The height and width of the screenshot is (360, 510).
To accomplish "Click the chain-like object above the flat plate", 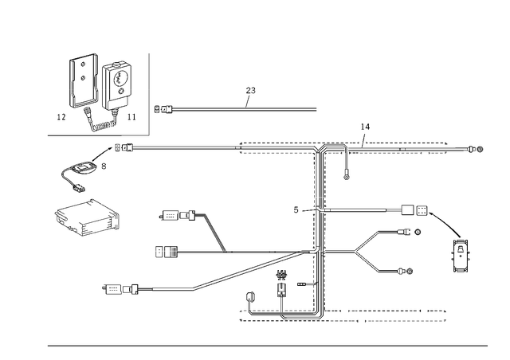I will click(84, 168).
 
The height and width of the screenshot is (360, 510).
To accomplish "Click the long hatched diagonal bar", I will click(247, 271).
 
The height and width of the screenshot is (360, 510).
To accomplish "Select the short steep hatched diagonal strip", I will click(214, 231).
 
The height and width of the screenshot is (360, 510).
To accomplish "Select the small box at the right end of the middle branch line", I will click(412, 211).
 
